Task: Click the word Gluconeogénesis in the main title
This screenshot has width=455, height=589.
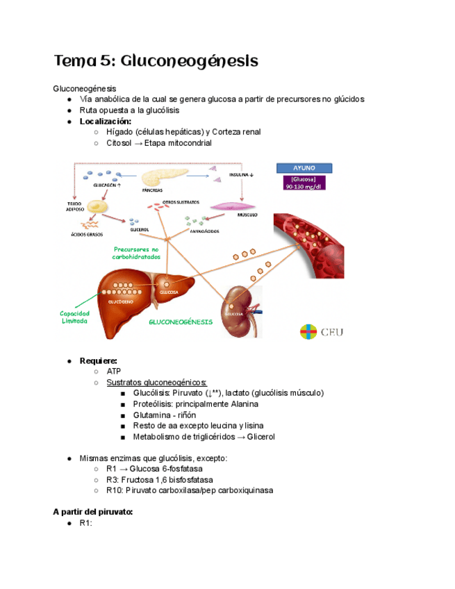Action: coord(189,61)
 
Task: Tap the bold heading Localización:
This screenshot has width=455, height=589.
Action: coord(106,121)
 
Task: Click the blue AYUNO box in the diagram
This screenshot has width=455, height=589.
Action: coord(304,167)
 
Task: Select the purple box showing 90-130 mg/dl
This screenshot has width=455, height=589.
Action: coord(304,183)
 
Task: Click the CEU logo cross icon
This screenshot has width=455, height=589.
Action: coord(308,332)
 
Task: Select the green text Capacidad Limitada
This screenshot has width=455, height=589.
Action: coord(74,317)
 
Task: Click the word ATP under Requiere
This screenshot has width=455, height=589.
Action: coord(114,372)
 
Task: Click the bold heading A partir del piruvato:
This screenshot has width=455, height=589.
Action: coord(92,512)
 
